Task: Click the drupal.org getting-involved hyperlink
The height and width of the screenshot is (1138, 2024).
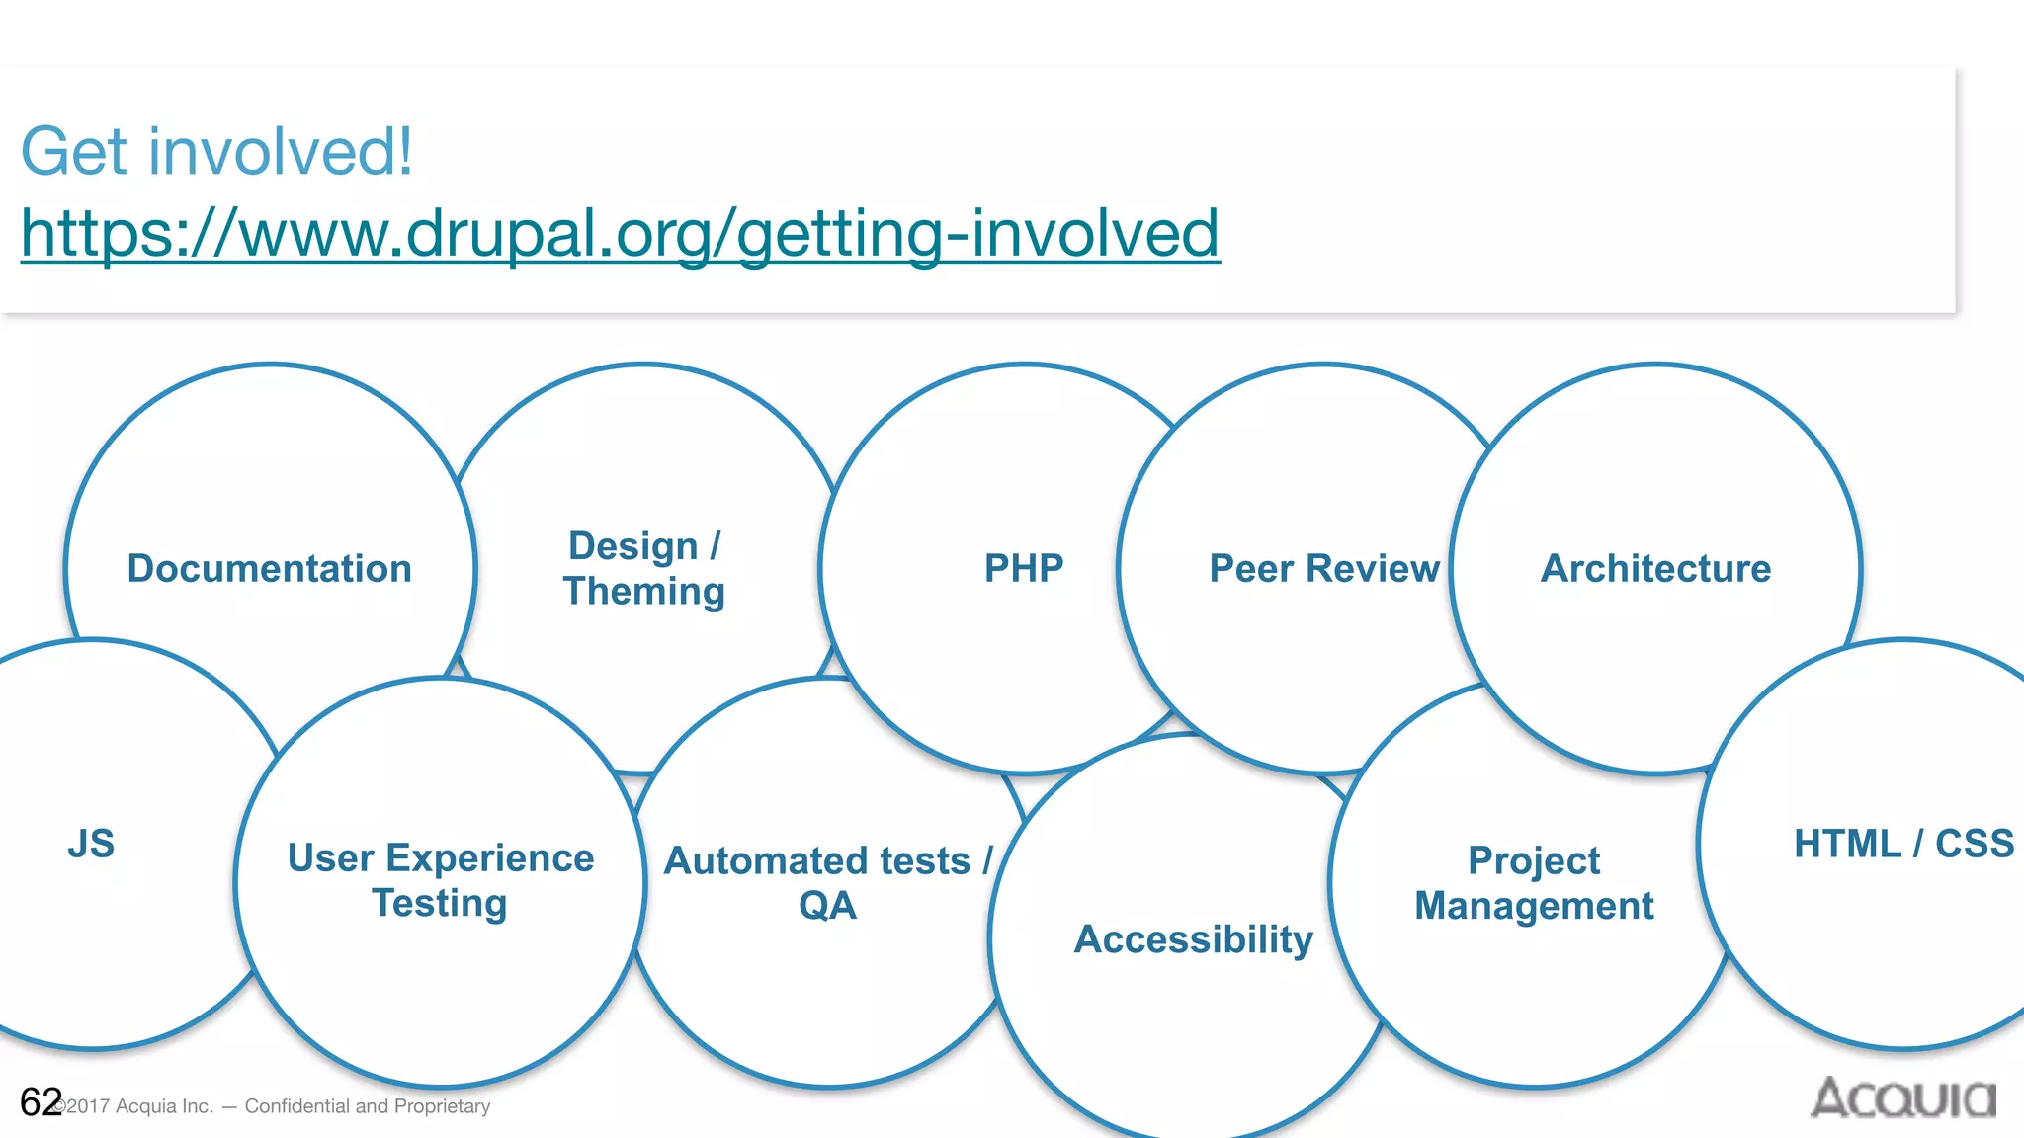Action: (620, 234)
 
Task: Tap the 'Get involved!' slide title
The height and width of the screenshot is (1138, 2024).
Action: (216, 152)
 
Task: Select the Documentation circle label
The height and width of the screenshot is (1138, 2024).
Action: (269, 569)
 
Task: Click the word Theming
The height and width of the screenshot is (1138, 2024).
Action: (644, 592)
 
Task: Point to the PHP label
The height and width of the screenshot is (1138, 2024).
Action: (1024, 568)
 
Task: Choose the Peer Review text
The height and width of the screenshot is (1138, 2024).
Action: (1323, 569)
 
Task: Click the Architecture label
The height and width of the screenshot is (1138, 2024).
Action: (1655, 569)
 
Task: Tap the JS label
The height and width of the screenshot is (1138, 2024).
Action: (91, 844)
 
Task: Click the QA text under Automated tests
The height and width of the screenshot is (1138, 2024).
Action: (827, 906)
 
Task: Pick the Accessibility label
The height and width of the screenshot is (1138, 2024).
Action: (1193, 939)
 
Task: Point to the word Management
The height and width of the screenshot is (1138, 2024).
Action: (1534, 906)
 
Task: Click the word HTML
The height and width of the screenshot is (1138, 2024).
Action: (1846, 844)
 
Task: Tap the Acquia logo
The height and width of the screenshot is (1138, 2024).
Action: (1902, 1098)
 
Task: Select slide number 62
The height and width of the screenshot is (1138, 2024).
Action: (41, 1102)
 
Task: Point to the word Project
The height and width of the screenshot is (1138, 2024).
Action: (1534, 861)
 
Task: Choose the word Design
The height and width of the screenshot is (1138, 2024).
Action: (632, 546)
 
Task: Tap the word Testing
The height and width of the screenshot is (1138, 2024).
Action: (440, 904)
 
